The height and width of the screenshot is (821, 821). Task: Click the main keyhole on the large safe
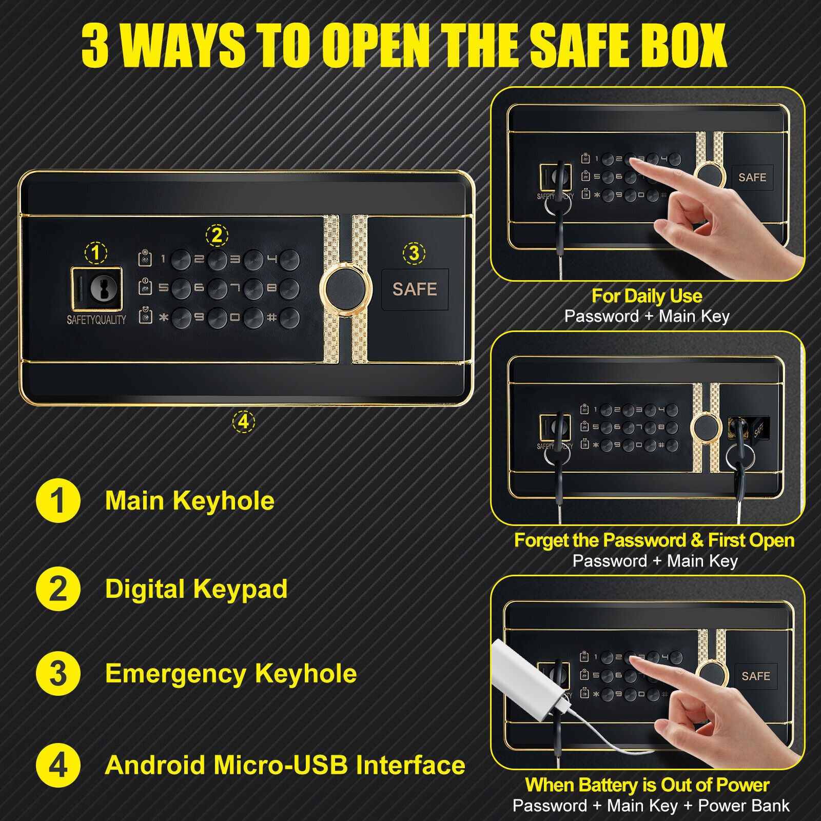100,289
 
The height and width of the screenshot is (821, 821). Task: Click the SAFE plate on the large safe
415,289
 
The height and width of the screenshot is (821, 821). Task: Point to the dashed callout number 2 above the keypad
217,236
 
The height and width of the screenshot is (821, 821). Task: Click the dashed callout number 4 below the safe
243,422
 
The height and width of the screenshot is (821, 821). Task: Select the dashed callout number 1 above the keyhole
96,252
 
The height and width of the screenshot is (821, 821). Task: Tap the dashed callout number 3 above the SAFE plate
414,252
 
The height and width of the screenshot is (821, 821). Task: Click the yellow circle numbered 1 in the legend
58,500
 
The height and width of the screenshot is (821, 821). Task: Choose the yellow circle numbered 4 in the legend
58,765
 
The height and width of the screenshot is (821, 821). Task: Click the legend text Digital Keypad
196,589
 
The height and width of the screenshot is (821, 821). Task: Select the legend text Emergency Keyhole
231,674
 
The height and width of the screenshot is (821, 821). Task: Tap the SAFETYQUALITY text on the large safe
96,320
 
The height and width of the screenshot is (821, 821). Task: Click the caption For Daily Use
647,296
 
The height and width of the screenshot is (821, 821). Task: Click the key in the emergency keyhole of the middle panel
739,452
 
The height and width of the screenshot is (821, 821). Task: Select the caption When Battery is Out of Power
647,785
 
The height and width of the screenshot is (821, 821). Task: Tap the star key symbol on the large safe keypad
164,318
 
